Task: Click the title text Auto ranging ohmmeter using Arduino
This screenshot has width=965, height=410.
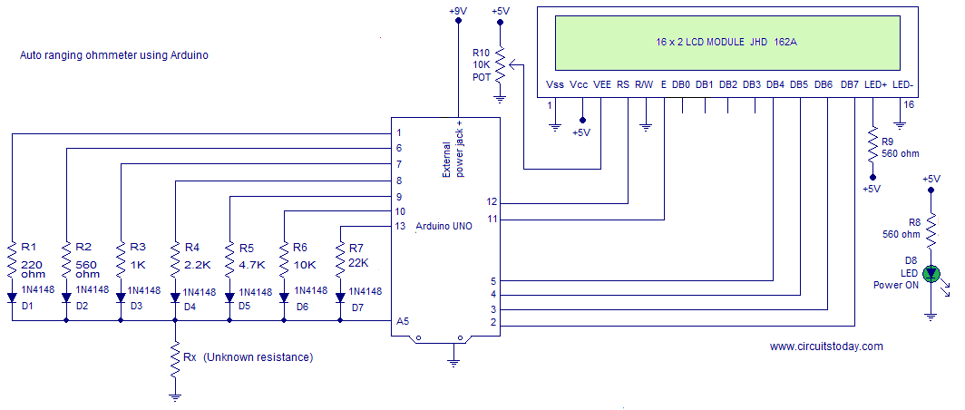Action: point(114,55)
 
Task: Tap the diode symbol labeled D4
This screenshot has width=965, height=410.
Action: point(174,296)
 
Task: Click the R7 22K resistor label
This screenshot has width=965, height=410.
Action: point(358,255)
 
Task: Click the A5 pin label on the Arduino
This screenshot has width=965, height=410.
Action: point(402,321)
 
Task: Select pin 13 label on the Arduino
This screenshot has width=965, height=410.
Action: point(400,226)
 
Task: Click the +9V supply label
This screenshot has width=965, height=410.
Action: point(458,10)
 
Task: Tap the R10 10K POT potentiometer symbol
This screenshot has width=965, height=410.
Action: point(500,65)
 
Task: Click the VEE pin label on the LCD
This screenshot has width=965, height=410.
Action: point(601,84)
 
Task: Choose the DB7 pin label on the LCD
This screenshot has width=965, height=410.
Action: point(849,84)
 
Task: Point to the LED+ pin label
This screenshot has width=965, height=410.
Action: point(875,84)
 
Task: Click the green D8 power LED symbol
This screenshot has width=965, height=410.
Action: point(931,273)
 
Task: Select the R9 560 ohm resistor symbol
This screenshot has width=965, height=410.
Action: point(872,147)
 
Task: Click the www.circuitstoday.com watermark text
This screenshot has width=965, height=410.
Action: point(826,346)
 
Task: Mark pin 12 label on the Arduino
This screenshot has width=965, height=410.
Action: point(492,201)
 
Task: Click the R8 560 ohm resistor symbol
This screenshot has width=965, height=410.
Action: point(931,233)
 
